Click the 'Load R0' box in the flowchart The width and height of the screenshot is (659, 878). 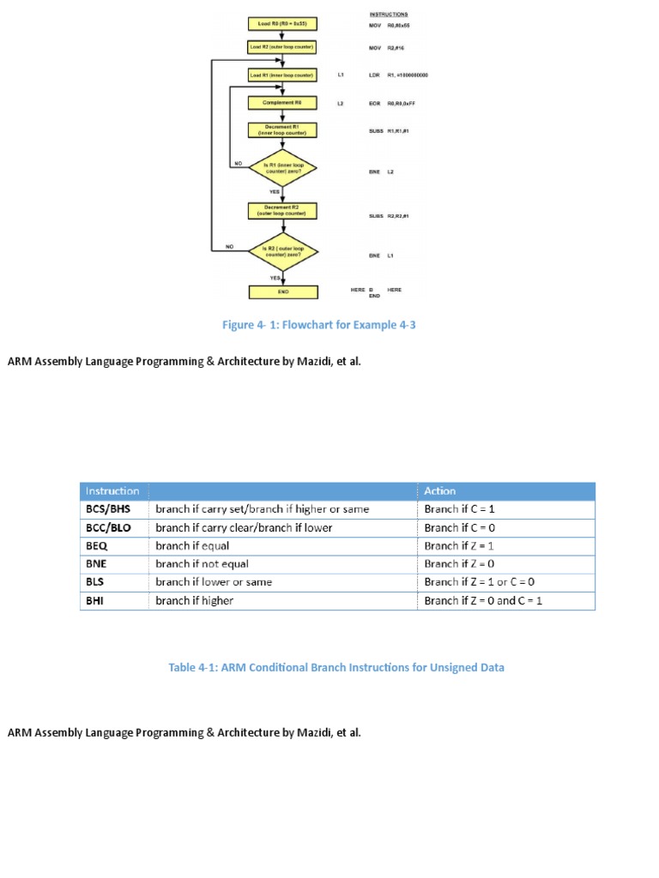(x=282, y=23)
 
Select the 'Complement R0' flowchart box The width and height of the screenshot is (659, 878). (x=282, y=103)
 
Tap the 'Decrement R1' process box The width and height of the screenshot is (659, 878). (x=282, y=130)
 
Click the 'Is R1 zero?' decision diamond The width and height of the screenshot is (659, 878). (x=282, y=170)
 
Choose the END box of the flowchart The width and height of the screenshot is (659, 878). (x=282, y=292)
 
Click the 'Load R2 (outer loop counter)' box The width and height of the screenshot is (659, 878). (x=282, y=47)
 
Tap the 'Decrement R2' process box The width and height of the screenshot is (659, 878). (x=282, y=211)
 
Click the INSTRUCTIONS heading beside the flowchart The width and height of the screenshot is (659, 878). (x=389, y=15)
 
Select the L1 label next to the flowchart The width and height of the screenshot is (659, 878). (x=341, y=75)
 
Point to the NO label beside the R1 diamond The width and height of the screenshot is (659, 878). (x=238, y=162)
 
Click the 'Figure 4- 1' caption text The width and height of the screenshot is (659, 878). (x=318, y=325)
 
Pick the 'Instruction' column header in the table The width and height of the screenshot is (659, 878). (x=112, y=491)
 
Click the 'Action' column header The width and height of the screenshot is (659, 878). (x=440, y=491)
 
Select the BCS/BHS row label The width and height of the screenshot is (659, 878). (x=108, y=509)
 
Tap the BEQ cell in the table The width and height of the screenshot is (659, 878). (x=97, y=546)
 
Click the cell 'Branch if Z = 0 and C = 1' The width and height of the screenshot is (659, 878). (x=483, y=601)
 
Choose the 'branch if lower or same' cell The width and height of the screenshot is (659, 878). (x=214, y=582)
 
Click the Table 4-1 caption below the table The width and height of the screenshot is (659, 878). (x=336, y=667)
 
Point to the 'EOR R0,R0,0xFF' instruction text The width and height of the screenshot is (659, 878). (x=393, y=103)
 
